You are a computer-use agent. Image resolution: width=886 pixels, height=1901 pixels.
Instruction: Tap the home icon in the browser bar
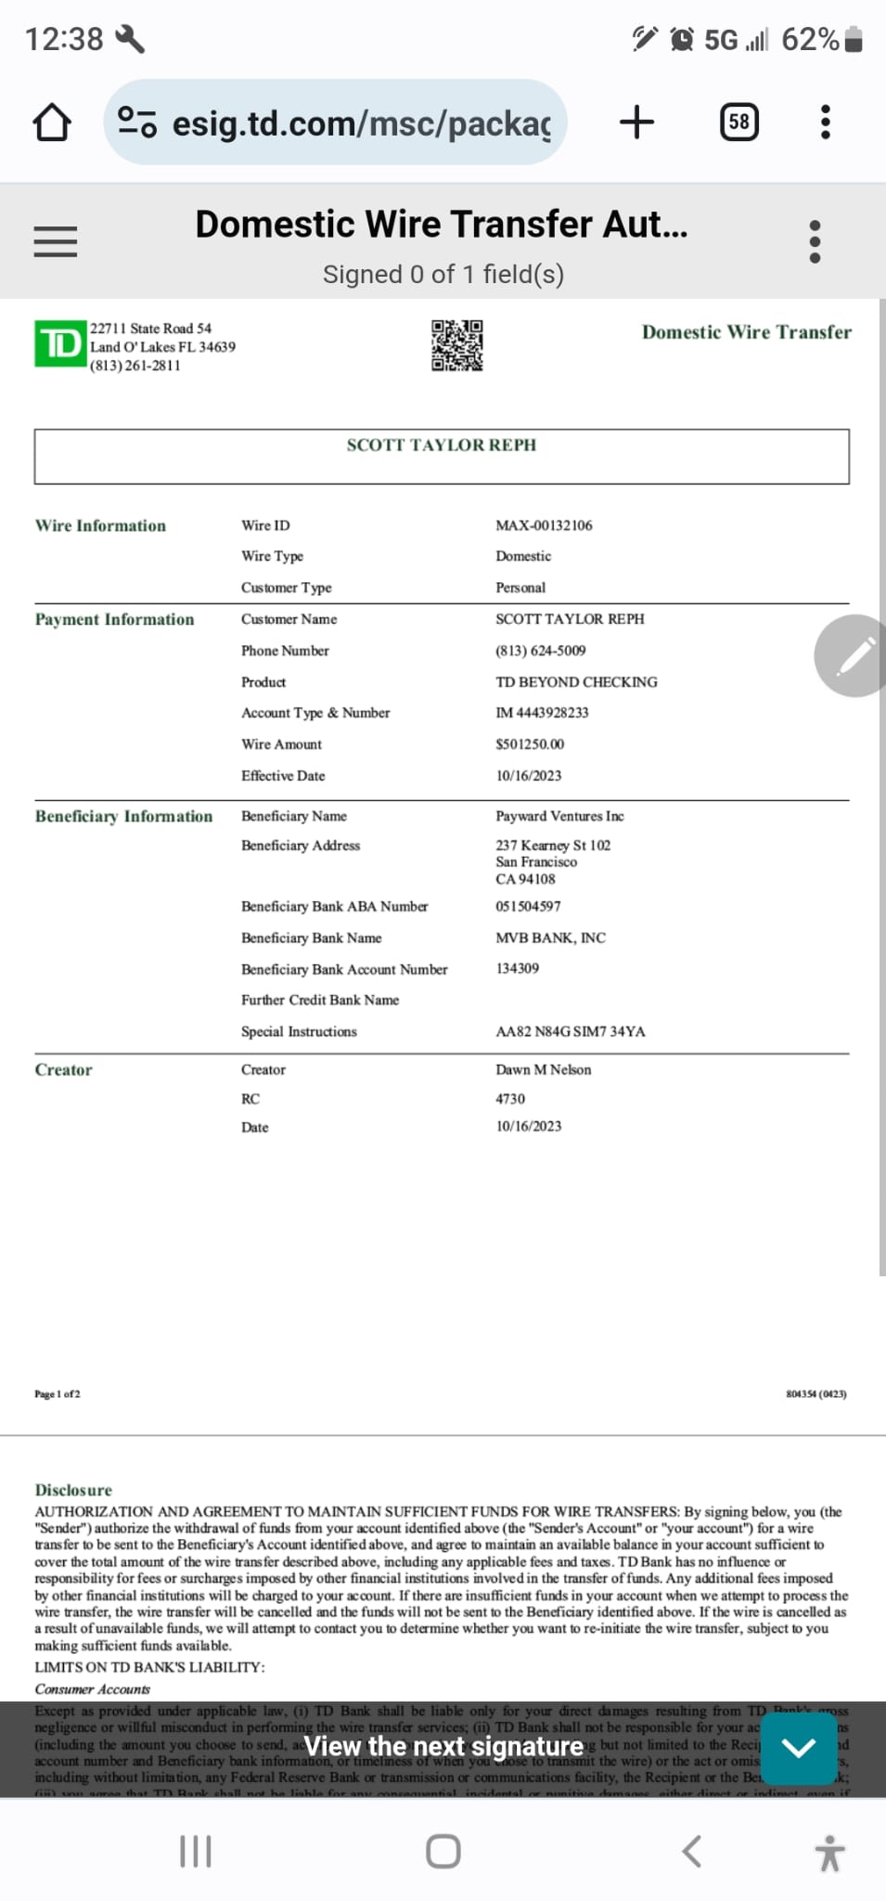point(52,123)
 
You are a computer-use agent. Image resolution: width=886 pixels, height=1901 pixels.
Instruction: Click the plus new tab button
point(636,123)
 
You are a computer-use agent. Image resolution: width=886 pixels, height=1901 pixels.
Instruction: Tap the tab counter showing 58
point(738,123)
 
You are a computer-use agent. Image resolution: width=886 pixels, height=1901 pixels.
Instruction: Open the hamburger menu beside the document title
point(56,242)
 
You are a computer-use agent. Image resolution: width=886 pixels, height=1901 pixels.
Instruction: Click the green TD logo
point(60,343)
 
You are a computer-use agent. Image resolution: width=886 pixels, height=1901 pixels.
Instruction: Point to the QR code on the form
point(456,345)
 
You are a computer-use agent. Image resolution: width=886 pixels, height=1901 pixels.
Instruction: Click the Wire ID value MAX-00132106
point(544,525)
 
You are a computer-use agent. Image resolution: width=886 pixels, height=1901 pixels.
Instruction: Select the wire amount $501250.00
point(530,744)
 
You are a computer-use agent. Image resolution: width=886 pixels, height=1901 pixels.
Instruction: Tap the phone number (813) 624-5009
point(540,651)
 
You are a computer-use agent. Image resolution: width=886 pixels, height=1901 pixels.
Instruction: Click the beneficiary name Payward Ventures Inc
point(559,816)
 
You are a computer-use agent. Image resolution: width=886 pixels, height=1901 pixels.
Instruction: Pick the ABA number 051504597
point(528,906)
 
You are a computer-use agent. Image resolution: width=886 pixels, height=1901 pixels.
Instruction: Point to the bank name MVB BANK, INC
point(550,938)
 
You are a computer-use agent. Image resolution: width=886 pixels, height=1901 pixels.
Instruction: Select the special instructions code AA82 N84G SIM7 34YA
point(570,1031)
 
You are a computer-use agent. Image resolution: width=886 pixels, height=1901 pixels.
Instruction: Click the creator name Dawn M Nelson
point(543,1069)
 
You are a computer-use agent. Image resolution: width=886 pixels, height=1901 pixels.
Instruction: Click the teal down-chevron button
point(798,1749)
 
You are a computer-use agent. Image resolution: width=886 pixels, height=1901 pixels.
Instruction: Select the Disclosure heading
point(73,1490)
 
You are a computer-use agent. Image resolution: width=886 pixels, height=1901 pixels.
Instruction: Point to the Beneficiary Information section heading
point(123,816)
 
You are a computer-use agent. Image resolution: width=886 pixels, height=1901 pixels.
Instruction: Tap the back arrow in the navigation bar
point(691,1851)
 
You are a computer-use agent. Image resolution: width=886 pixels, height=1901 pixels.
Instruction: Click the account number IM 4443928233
point(542,713)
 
